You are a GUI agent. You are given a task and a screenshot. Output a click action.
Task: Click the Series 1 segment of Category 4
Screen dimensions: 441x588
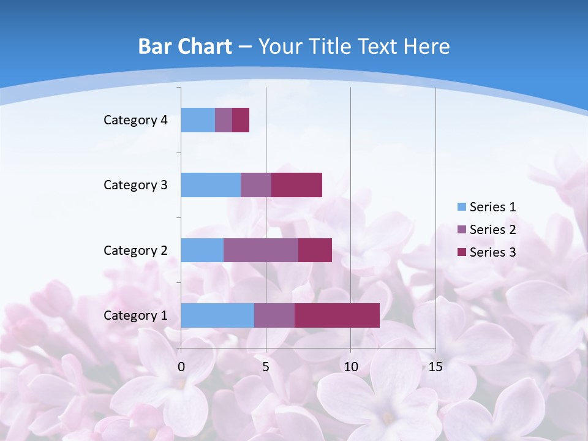pos(198,120)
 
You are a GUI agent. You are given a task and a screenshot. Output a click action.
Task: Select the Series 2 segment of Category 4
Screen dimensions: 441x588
pos(224,120)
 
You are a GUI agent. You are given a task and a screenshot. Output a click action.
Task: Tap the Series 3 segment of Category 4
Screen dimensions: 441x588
pos(241,120)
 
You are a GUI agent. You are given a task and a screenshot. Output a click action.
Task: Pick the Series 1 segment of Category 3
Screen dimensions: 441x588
pos(211,185)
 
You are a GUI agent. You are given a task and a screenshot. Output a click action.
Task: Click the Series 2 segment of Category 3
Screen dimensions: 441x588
pos(256,185)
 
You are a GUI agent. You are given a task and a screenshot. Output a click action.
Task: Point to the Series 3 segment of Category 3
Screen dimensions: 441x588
pos(296,185)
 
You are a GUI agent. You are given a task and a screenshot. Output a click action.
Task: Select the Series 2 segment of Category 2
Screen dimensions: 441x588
pos(261,250)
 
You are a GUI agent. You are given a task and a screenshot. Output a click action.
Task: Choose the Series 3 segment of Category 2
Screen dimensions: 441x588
pos(315,250)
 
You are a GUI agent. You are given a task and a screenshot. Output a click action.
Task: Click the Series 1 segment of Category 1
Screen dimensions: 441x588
pos(217,315)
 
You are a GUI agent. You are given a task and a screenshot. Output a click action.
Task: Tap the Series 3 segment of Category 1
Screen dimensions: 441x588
pos(337,315)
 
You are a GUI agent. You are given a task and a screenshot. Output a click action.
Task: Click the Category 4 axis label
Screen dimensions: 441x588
pos(135,120)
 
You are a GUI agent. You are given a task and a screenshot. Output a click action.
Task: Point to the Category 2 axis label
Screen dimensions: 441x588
pos(135,250)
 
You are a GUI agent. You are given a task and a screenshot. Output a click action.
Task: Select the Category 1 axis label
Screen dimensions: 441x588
pos(135,315)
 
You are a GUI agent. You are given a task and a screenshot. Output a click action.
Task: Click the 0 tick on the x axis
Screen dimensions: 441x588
pos(181,367)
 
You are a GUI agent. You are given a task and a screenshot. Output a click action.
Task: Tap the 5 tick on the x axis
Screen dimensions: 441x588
pos(266,367)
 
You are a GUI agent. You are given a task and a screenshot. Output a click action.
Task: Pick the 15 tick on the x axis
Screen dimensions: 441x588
pos(435,367)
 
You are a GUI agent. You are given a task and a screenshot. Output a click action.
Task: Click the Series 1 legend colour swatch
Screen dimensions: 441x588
pos(462,207)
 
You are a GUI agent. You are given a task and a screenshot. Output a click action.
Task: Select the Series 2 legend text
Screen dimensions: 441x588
pos(492,230)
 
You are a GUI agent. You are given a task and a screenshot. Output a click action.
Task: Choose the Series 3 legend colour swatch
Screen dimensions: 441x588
pos(462,252)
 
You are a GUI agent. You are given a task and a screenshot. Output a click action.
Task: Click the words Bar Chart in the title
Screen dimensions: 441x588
pos(185,47)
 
